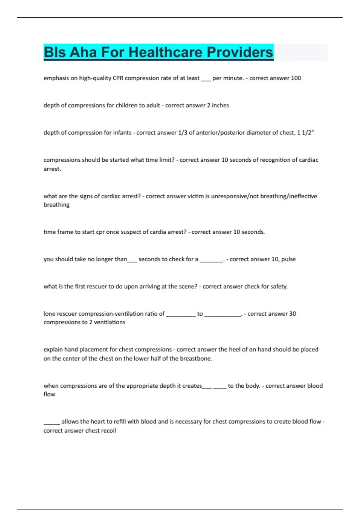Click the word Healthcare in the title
pos(166,52)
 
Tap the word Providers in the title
pos(240,52)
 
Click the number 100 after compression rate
pos(296,78)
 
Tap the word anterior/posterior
pos(220,133)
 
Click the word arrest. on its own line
pos(52,169)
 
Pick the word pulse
pos(288,259)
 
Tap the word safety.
pos(279,286)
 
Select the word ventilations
pos(109,322)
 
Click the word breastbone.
pos(196,358)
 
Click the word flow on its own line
pos(49,394)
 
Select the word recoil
pos(108,431)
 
